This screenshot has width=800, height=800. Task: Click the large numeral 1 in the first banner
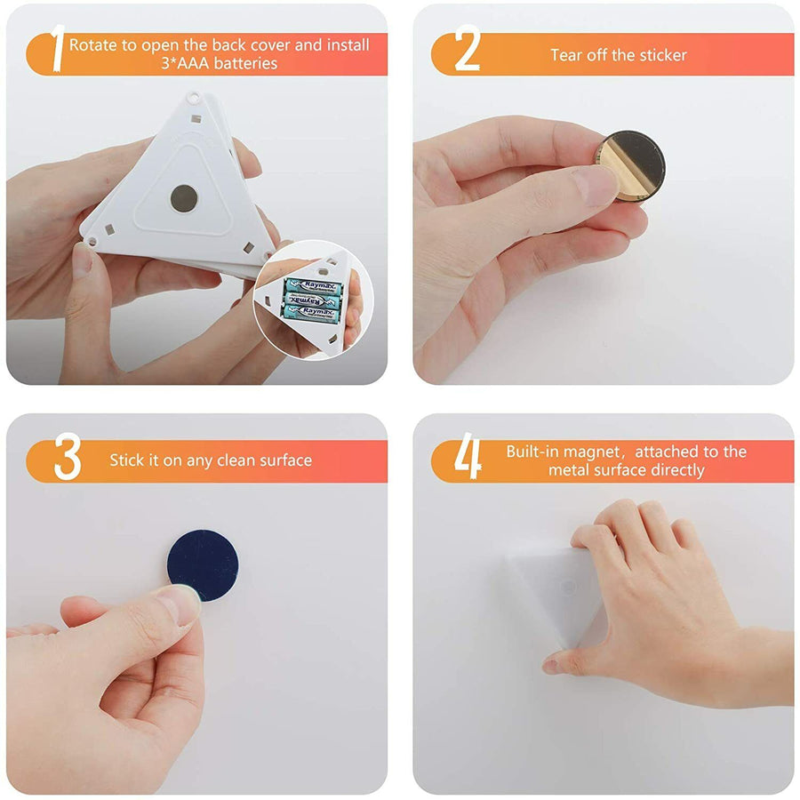coord(59,48)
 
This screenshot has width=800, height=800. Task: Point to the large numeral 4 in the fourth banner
coord(468,456)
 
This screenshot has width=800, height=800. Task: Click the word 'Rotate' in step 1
coord(93,45)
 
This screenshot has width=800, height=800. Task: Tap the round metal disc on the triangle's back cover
coord(184,198)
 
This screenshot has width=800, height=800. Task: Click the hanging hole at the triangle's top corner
coord(194,96)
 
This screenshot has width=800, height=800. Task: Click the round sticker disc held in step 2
coord(632,164)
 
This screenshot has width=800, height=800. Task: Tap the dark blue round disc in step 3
coord(203,564)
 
